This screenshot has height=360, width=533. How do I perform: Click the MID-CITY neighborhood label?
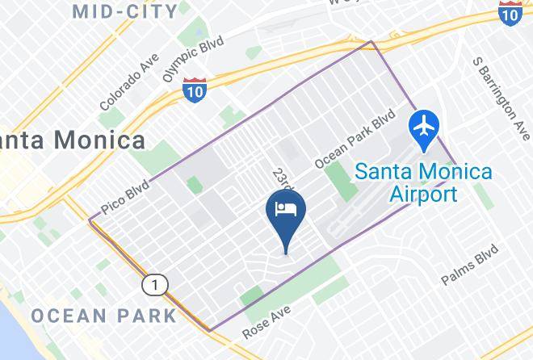125,11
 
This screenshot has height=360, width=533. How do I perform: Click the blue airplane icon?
424,128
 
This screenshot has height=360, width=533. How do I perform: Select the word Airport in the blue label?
424,194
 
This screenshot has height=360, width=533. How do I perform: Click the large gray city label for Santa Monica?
73,140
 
